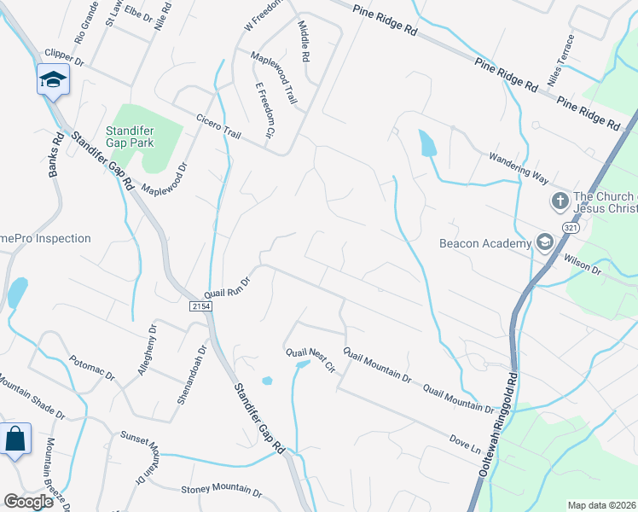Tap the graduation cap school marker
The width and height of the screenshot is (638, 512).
53,80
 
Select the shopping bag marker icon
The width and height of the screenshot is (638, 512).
15,440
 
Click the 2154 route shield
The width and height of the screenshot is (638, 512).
200,305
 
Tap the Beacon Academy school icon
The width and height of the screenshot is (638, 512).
544,243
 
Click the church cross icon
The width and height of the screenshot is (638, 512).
560,201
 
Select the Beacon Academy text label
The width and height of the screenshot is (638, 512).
485,244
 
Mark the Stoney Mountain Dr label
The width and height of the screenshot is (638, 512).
221,490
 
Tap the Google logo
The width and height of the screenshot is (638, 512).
29,502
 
